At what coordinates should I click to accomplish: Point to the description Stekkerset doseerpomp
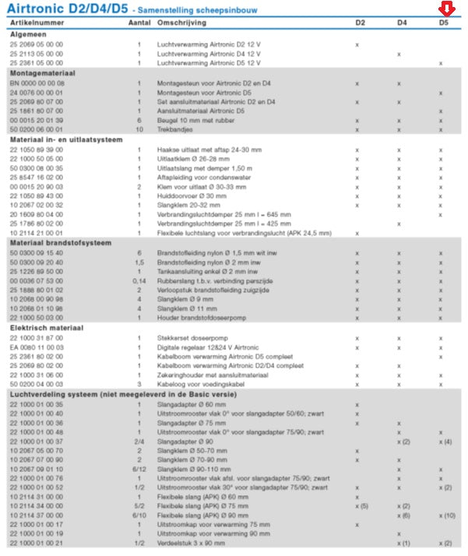click(193, 337)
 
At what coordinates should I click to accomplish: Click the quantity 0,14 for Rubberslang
click(139, 280)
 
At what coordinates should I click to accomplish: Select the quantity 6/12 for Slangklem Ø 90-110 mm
click(139, 470)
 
